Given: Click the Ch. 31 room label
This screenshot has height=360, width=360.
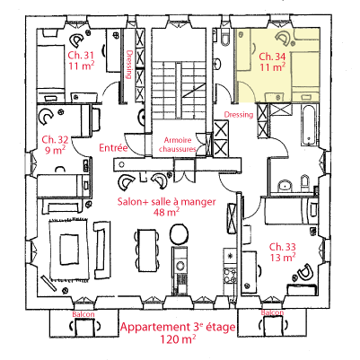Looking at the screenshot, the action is tap(82, 55).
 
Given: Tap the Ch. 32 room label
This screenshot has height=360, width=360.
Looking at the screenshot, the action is tap(55, 139).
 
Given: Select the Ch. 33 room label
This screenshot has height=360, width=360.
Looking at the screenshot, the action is tap(283, 247).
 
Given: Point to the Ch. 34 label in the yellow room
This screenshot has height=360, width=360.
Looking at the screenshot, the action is tap(272, 57).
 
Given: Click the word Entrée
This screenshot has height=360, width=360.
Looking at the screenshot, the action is tap(113, 147).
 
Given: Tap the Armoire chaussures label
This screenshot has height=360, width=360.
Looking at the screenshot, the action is tap(178, 145).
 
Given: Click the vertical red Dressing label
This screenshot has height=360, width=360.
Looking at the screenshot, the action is tap(129, 65).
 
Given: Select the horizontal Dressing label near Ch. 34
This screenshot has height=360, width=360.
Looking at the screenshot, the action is tap(239, 114).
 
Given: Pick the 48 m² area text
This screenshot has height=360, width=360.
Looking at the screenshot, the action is tap(166, 212).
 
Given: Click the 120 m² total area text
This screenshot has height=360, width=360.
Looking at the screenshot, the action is tap(178, 339).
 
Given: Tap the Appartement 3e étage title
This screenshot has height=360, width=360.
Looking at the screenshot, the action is tap(178, 327).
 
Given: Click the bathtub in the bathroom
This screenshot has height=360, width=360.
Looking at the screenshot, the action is tap(308, 125).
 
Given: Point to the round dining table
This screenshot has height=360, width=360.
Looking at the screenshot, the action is tap(179, 233).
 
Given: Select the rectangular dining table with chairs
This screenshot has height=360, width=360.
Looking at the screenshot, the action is tap(147, 250).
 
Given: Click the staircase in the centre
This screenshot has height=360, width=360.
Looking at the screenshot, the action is tap(179, 91).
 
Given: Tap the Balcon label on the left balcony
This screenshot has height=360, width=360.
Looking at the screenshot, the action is tap(83, 314).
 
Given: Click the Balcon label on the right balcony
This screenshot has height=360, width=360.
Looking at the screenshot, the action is tap(272, 312).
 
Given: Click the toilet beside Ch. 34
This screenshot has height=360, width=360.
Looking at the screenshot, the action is tap(225, 38).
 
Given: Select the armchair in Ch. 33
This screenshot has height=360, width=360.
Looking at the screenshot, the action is tap(304, 272).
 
